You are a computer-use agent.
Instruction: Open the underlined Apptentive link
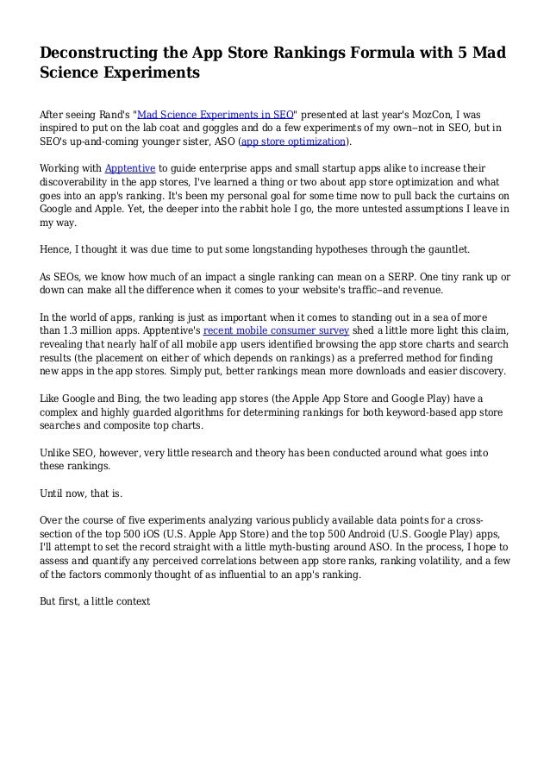tap(129, 167)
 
